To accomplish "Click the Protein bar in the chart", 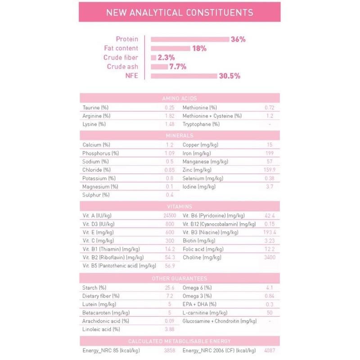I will pyautogui.click(x=190, y=39).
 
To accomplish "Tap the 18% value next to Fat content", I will pyautogui.click(x=199, y=49).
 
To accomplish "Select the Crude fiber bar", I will pyautogui.click(x=153, y=58).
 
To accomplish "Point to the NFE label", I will pyautogui.click(x=131, y=76).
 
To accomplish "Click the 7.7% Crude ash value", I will pyautogui.click(x=178, y=67).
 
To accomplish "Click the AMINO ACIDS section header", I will pyautogui.click(x=180, y=98).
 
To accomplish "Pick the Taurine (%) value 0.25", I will pyautogui.click(x=169, y=108).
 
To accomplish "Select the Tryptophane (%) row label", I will pyautogui.click(x=201, y=124).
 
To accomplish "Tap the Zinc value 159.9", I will pyautogui.click(x=269, y=170).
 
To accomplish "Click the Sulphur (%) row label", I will pyautogui.click(x=96, y=195).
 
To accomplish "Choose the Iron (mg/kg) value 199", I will pyautogui.click(x=270, y=153).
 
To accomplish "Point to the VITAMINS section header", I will pyautogui.click(x=180, y=207).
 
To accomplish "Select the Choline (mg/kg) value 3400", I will pyautogui.click(x=269, y=257).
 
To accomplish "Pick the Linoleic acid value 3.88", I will pyautogui.click(x=170, y=329).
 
